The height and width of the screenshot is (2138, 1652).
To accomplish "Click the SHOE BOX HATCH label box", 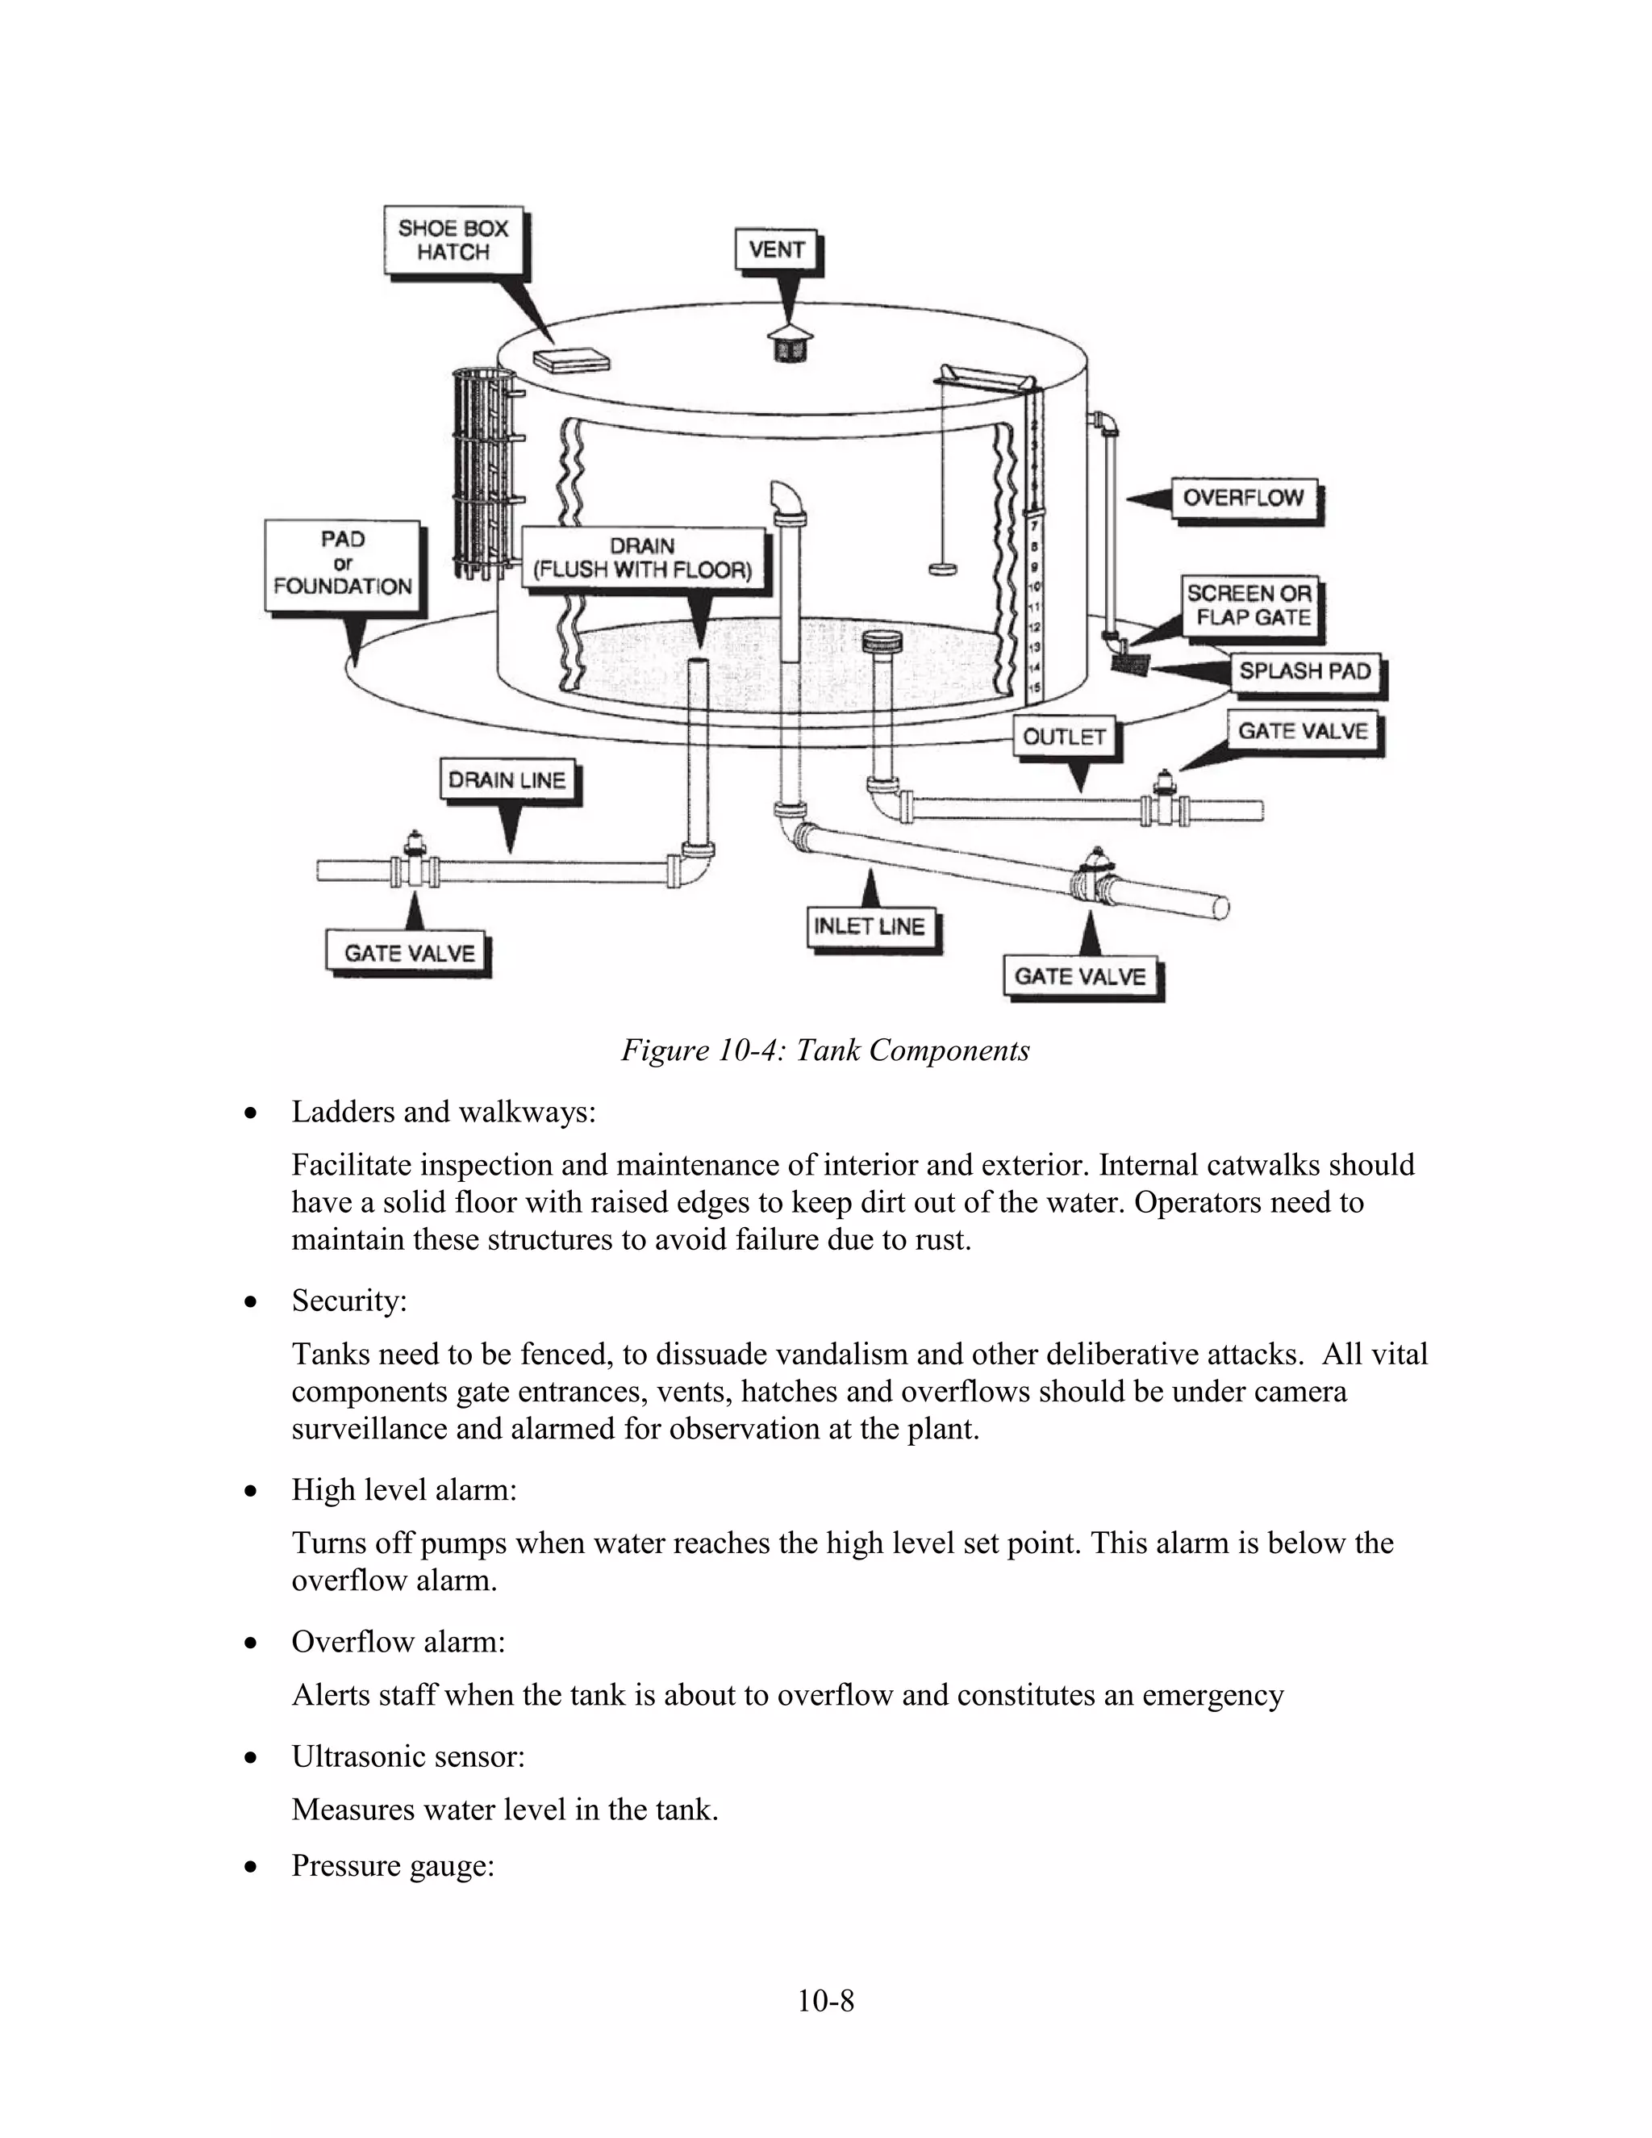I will click(x=453, y=240).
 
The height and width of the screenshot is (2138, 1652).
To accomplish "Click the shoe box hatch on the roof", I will click(x=573, y=361).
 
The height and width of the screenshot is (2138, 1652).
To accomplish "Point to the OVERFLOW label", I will click(x=1244, y=499).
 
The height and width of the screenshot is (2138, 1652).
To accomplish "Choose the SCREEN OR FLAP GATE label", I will click(x=1249, y=605).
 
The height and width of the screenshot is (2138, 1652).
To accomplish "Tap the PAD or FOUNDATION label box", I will click(x=343, y=564).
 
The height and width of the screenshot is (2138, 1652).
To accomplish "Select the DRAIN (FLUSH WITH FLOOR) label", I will click(x=642, y=559).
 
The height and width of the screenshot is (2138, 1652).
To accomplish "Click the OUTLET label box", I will click(x=1065, y=737).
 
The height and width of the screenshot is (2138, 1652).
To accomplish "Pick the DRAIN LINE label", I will click(x=507, y=780).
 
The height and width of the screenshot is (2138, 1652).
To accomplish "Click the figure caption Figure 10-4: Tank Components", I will click(x=825, y=1050).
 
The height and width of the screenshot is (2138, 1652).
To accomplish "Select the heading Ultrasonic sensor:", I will click(x=408, y=1756).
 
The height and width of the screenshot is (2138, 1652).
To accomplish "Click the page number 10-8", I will click(x=825, y=2001).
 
